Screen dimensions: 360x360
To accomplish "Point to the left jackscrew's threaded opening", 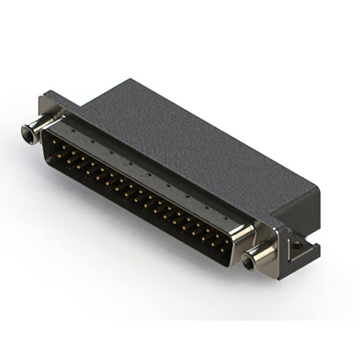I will point(26,133).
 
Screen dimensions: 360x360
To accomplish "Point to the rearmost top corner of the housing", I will point(130,80).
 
